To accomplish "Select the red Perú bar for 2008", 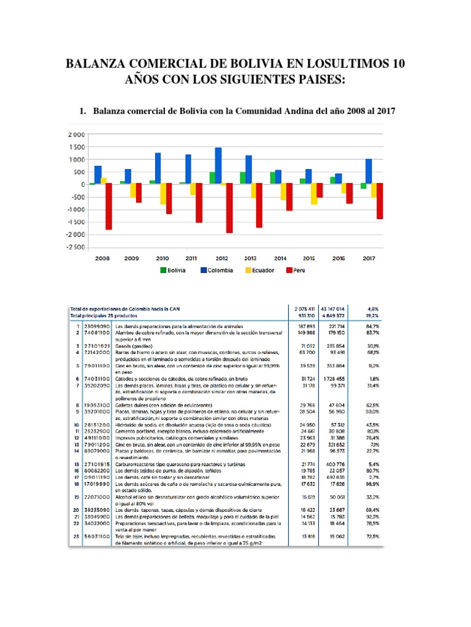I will point(109,206).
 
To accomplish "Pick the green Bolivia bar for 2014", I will point(272,178).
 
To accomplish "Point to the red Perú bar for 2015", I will point(320,190).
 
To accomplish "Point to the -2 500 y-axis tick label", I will point(76,247).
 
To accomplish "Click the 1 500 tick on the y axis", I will point(78,147).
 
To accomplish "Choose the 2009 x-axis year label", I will point(131,258).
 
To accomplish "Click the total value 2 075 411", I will point(304,309).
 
